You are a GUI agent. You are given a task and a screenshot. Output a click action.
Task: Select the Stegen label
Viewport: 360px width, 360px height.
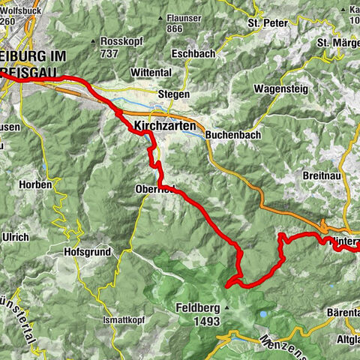[x=174, y=95]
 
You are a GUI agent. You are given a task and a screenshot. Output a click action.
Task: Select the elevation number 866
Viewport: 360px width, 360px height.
[x=176, y=28]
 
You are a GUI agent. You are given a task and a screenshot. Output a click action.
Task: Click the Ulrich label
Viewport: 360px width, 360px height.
[x=15, y=238]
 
